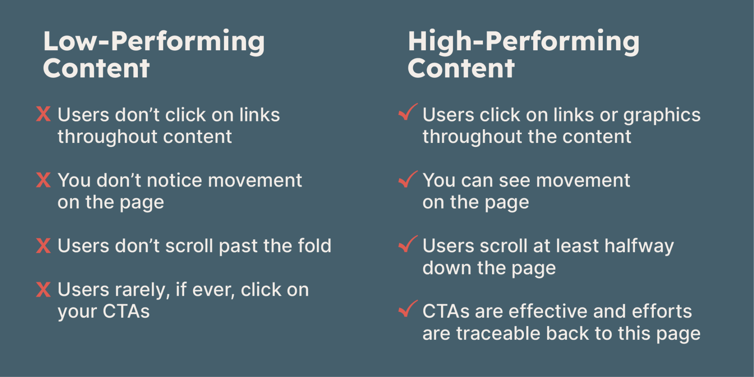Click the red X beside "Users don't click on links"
pyautogui.click(x=43, y=114)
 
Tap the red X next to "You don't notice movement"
pyautogui.click(x=43, y=180)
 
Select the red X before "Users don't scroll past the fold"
pyautogui.click(x=43, y=245)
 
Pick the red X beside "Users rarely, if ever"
pyautogui.click(x=43, y=289)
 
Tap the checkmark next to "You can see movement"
pyautogui.click(x=408, y=179)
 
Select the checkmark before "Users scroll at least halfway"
pyautogui.click(x=408, y=244)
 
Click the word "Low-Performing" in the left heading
pyautogui.click(x=154, y=42)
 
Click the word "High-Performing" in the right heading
pyautogui.click(x=524, y=42)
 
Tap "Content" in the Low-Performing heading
pyautogui.click(x=96, y=68)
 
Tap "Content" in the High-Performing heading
pyautogui.click(x=461, y=68)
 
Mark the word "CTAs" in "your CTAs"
pyautogui.click(x=126, y=312)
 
